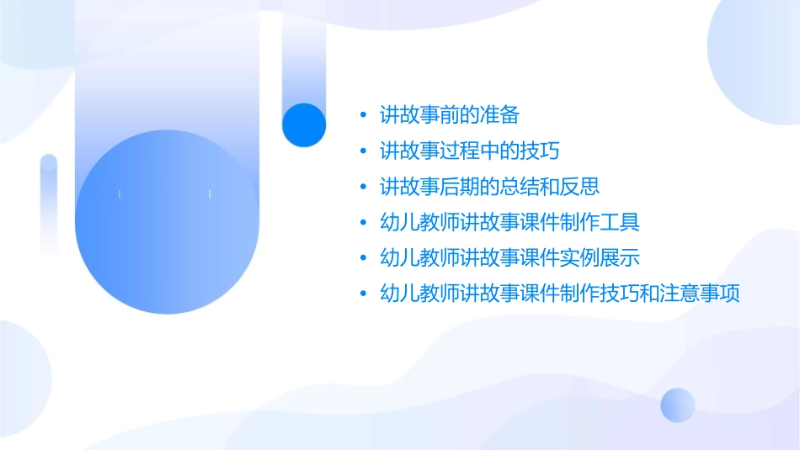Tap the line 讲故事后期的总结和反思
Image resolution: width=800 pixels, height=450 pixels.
pyautogui.click(x=489, y=186)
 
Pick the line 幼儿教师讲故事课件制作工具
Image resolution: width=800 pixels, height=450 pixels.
pyautogui.click(x=510, y=222)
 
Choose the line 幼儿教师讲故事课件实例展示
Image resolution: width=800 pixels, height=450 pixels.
pyautogui.click(x=510, y=257)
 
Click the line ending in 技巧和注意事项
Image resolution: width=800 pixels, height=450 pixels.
pyautogui.click(x=559, y=294)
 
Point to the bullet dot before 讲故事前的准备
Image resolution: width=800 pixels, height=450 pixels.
pyautogui.click(x=363, y=115)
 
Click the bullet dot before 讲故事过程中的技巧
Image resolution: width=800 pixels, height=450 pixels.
pyautogui.click(x=363, y=151)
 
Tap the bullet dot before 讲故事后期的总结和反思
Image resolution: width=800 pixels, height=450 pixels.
pyautogui.click(x=363, y=187)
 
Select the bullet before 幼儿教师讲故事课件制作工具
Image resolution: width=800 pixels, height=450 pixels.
pyautogui.click(x=363, y=223)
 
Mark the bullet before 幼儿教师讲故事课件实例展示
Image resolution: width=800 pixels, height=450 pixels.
pyautogui.click(x=363, y=258)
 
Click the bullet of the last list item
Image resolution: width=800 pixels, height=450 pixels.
pyautogui.click(x=363, y=294)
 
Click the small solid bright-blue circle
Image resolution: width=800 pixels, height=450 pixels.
pyautogui.click(x=304, y=124)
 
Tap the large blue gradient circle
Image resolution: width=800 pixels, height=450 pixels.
pyautogui.click(x=167, y=222)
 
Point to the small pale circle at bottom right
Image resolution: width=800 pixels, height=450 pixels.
pyautogui.click(x=678, y=405)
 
